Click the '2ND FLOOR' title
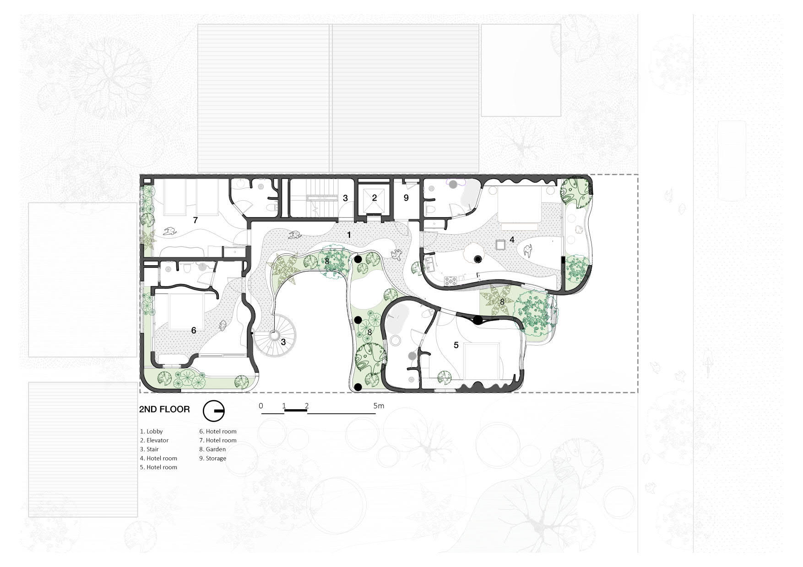(164, 409)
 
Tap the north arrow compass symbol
(213, 412)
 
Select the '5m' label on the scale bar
(379, 406)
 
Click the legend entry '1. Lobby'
(152, 431)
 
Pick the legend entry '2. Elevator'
(154, 440)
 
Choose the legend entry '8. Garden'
(212, 449)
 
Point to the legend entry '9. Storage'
(213, 458)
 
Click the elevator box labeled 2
(374, 198)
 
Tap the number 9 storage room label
(406, 198)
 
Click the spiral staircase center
(275, 335)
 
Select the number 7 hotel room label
(195, 220)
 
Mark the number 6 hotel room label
(194, 330)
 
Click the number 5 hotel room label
(456, 345)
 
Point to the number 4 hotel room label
(512, 239)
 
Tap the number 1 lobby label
(349, 235)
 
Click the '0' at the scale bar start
(261, 406)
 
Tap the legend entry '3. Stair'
(150, 449)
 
